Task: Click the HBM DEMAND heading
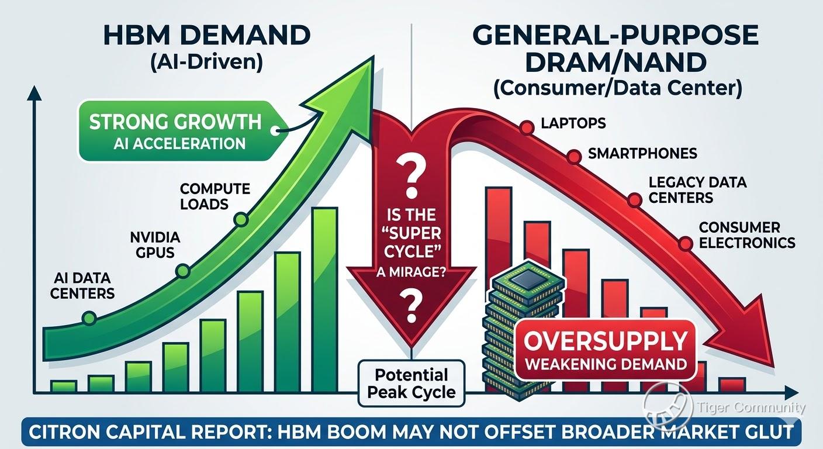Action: pyautogui.click(x=207, y=35)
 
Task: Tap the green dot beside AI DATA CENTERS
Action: pyautogui.click(x=89, y=318)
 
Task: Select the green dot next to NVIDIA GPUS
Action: pyautogui.click(x=182, y=271)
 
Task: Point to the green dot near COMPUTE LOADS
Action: pyautogui.click(x=241, y=219)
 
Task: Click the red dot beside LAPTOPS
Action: pyautogui.click(x=527, y=127)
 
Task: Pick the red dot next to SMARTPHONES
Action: pyautogui.click(x=573, y=157)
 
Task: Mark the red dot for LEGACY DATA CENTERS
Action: pyautogui.click(x=634, y=201)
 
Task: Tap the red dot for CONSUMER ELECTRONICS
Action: pyautogui.click(x=685, y=243)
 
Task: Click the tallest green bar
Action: pyautogui.click(x=325, y=300)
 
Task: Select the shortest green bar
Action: pyautogui.click(x=64, y=386)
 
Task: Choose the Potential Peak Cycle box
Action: pyautogui.click(x=411, y=384)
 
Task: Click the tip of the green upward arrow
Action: pyautogui.click(x=374, y=56)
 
